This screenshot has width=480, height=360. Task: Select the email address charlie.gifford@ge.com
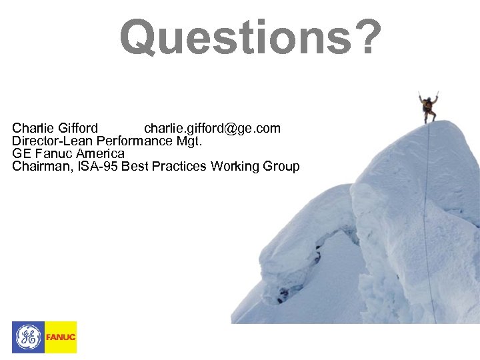pos(212,128)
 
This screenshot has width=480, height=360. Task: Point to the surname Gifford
pos(79,128)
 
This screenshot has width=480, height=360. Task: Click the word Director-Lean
pos(53,141)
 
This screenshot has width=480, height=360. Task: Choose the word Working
pos(236,167)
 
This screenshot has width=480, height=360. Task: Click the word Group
pos(282,167)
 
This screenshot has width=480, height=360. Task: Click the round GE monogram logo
pos(28,337)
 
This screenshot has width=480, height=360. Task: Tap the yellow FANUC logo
pos(61,337)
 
